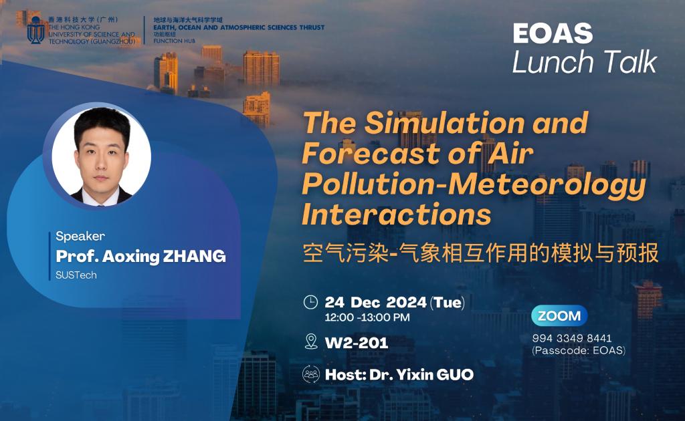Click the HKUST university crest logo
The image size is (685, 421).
click(36, 30)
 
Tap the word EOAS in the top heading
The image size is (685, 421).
click(553, 33)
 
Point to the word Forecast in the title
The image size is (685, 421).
click(371, 154)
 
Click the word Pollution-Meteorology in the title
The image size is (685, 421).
click(474, 185)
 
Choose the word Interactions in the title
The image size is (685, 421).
click(397, 215)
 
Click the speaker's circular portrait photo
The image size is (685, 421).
click(102, 156)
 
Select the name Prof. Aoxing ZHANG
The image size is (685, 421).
click(140, 257)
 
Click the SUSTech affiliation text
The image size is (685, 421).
click(76, 275)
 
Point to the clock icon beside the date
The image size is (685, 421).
click(310, 302)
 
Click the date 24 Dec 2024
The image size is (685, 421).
click(376, 302)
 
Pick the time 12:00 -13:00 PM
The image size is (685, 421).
click(367, 317)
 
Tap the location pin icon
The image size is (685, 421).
click(311, 341)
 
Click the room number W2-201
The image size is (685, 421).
click(357, 343)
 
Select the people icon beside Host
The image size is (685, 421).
click(310, 374)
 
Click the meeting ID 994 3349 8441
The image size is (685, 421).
click(572, 338)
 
